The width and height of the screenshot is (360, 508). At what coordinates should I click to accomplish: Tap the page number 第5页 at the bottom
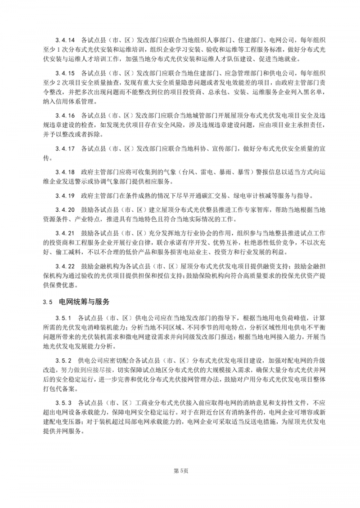point(180,471)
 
